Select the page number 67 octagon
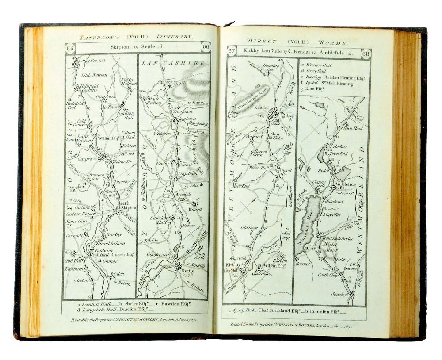pyautogui.click(x=232, y=51)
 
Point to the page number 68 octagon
pyautogui.click(x=366, y=54)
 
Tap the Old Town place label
pyautogui.click(x=249, y=227)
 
